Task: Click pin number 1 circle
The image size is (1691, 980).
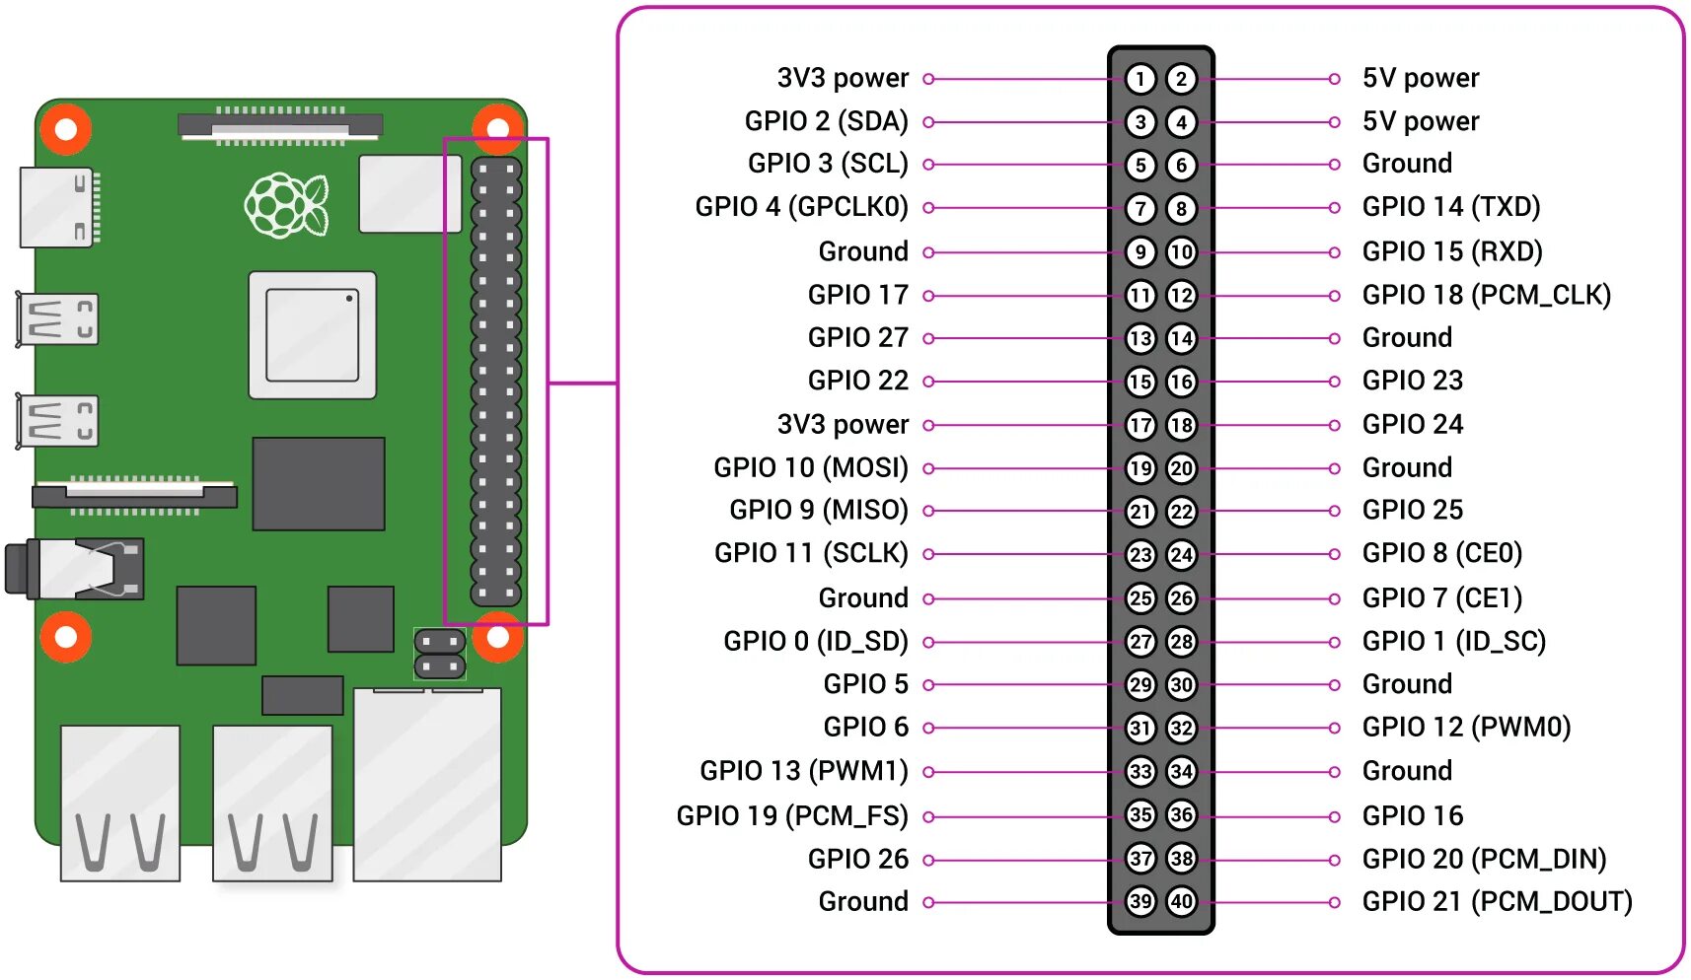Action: click(x=1140, y=79)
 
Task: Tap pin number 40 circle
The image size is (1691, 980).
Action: click(x=1181, y=901)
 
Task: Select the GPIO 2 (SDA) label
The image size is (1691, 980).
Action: click(x=826, y=121)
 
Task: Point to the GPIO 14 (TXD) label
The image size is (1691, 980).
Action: click(x=1450, y=207)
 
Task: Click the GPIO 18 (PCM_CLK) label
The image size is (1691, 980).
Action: click(x=1486, y=295)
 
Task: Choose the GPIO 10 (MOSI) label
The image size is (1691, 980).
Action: click(x=810, y=467)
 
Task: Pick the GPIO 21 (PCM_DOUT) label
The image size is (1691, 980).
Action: click(x=1497, y=901)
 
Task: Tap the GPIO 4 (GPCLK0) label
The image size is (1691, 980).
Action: click(x=801, y=207)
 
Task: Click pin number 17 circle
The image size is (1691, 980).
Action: click(x=1140, y=425)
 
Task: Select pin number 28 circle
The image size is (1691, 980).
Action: click(x=1181, y=642)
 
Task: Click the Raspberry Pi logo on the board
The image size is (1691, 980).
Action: click(x=286, y=206)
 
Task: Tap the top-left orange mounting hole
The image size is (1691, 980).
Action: click(x=66, y=129)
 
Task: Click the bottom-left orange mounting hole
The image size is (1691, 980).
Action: click(x=66, y=637)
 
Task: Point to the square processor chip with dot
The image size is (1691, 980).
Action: click(x=312, y=335)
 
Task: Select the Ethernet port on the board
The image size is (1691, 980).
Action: click(x=427, y=785)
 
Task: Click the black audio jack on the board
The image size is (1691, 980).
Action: click(x=74, y=569)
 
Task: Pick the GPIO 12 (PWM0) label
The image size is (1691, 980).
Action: click(x=1466, y=728)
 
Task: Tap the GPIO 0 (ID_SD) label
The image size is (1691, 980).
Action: click(x=815, y=642)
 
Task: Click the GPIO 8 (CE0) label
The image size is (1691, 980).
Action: click(x=1441, y=554)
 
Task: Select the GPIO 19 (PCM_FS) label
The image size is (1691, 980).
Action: click(x=791, y=816)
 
